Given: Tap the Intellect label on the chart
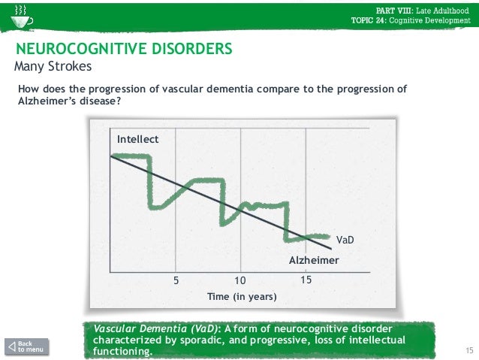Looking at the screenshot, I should pyautogui.click(x=137, y=139).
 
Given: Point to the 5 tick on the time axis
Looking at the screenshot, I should pyautogui.click(x=176, y=280).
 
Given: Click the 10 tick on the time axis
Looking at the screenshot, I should pyautogui.click(x=240, y=280).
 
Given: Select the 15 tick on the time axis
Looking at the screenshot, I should pyautogui.click(x=306, y=280).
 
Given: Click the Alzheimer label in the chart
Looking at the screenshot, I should pyautogui.click(x=315, y=260).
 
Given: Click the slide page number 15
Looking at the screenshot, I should pyautogui.click(x=471, y=352).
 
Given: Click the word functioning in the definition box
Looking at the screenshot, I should pyautogui.click(x=119, y=352).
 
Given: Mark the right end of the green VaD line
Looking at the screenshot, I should pyautogui.click(x=327, y=235).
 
